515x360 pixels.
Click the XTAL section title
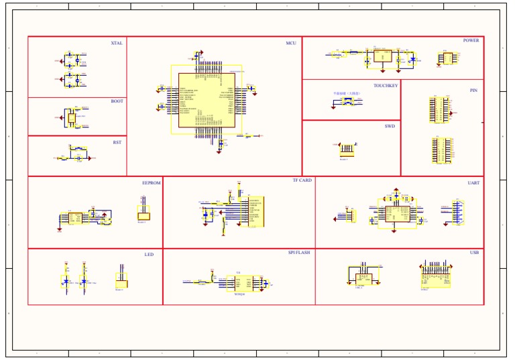click(117, 43)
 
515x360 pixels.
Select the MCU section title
click(291, 43)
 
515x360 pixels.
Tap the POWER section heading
click(471, 40)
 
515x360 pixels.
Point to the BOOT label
click(117, 102)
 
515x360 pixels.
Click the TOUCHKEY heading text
click(386, 86)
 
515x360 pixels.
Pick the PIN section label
click(473, 90)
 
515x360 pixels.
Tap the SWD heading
click(390, 126)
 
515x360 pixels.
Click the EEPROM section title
click(151, 182)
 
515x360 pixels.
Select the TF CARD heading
click(302, 180)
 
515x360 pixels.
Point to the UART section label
click(473, 182)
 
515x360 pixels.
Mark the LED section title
click(149, 255)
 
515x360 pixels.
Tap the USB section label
click(474, 253)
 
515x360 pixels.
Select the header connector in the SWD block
click(347, 149)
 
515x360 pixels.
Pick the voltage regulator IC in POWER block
click(383, 56)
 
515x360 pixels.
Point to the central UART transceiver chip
click(397, 213)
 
